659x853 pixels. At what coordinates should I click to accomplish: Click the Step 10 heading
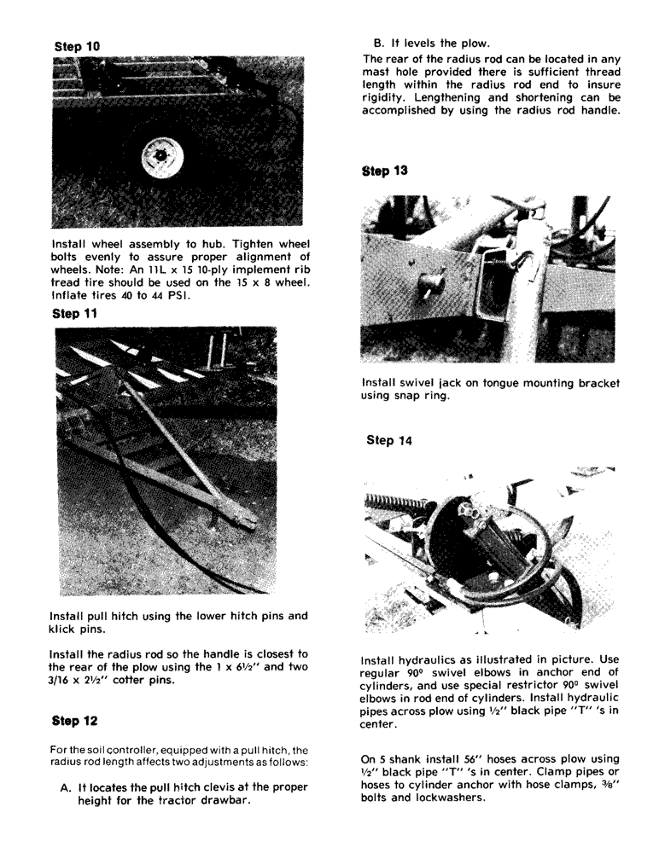pyautogui.click(x=77, y=46)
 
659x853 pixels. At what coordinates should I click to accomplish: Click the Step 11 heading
pyautogui.click(x=76, y=314)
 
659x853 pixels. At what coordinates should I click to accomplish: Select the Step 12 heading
pyautogui.click(x=76, y=721)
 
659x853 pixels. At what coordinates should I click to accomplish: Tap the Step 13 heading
pyautogui.click(x=385, y=171)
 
